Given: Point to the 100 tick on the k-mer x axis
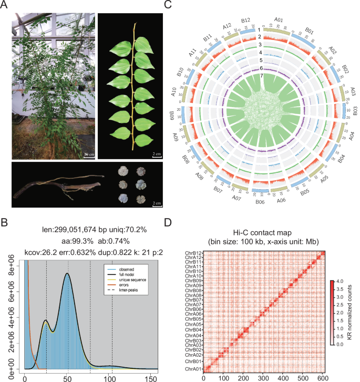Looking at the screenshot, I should (112, 377).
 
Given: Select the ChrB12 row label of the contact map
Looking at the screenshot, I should (191, 254).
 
